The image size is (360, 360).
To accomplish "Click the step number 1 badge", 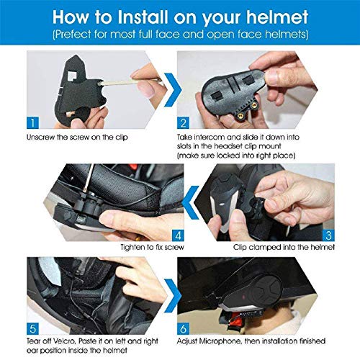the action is (x=32, y=122).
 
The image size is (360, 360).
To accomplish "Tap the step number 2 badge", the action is (x=183, y=122).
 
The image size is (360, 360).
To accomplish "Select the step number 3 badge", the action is (x=328, y=235).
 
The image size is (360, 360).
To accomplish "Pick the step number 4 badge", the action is (x=178, y=235).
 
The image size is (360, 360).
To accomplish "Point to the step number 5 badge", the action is (x=32, y=328).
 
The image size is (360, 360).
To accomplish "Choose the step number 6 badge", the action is (x=183, y=328).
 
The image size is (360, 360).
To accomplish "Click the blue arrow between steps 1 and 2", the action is (x=173, y=90).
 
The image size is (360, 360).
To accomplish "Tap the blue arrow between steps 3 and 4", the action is (x=191, y=202).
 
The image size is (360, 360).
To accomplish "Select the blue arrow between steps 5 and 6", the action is (x=173, y=296).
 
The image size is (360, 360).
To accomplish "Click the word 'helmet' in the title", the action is (x=277, y=17).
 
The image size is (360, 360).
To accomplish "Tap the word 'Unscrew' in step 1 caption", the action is (x=40, y=138).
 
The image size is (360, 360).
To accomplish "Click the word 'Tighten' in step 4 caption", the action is (x=133, y=247).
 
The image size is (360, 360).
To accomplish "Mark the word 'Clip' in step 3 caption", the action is (x=240, y=247).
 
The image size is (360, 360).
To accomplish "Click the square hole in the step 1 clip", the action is (x=72, y=75).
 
